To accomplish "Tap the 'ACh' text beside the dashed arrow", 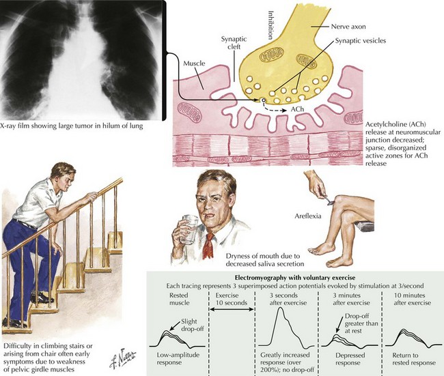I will tap(299, 110).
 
